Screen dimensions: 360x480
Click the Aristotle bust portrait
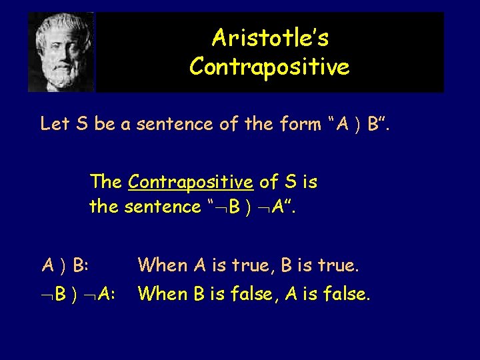[61, 51]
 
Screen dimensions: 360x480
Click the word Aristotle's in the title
[270, 39]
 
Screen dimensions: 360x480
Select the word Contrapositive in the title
[269, 67]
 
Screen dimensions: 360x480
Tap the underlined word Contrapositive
[190, 181]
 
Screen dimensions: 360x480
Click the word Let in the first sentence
[55, 124]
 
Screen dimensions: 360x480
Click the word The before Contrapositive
[107, 181]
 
